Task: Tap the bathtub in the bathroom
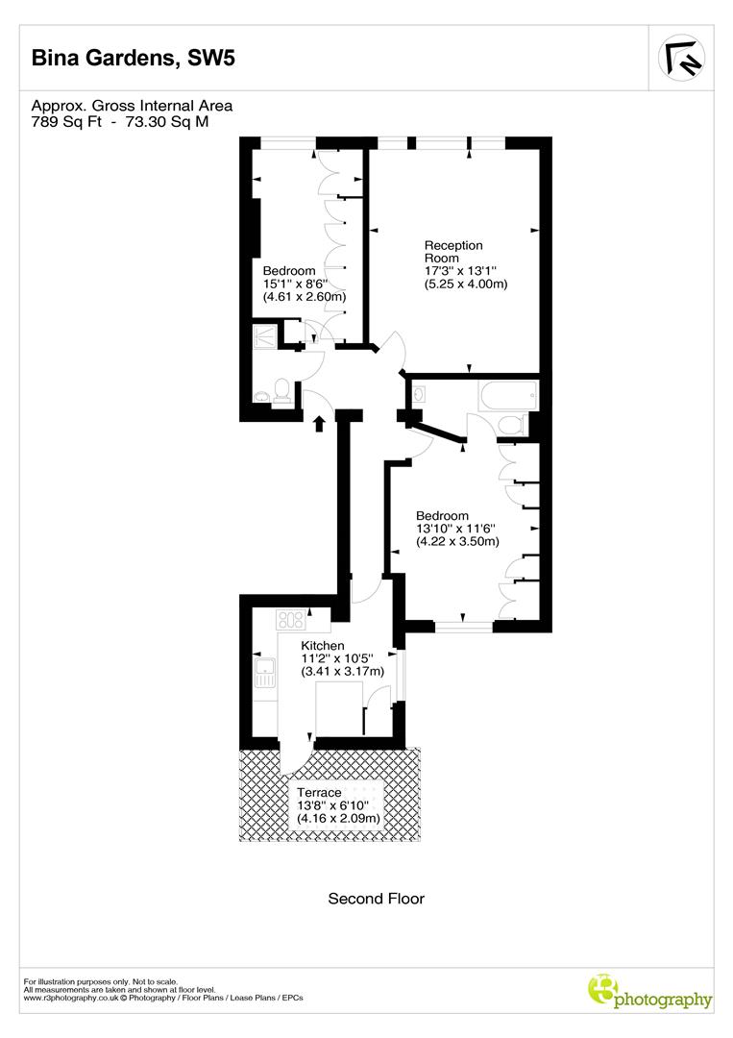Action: [508, 396]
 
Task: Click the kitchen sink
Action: [265, 672]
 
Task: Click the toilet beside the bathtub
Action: [512, 424]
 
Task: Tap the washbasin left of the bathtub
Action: [419, 393]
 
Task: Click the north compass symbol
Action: [682, 59]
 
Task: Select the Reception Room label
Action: [453, 252]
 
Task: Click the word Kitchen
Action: [323, 645]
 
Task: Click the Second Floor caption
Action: [376, 899]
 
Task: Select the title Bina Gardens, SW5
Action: [134, 59]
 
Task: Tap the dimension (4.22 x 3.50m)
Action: [457, 541]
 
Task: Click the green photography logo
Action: [650, 993]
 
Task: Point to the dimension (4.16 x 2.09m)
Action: [339, 818]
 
